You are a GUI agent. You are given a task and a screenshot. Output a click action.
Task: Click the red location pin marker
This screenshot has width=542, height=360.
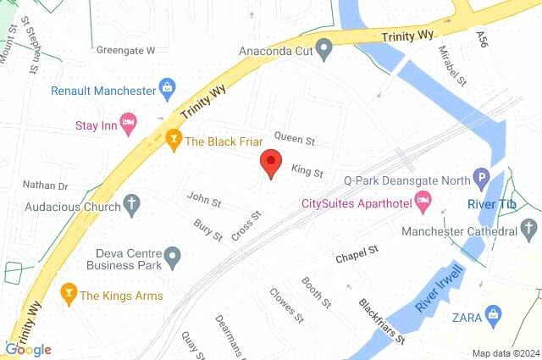click(x=271, y=162)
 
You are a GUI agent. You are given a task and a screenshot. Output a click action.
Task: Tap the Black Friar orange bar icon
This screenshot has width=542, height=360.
click(x=174, y=141)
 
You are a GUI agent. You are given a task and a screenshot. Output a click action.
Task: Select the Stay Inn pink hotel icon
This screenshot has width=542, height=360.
click(x=128, y=125)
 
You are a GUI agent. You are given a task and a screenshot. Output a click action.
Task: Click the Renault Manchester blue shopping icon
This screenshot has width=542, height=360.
click(x=169, y=89)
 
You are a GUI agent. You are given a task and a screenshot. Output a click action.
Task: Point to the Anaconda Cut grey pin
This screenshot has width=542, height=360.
click(x=323, y=49)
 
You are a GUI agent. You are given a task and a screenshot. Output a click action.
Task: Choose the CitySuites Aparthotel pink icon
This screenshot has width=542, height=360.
click(x=424, y=203)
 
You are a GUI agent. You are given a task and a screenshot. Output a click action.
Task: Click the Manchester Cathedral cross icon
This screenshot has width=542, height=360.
click(x=528, y=230)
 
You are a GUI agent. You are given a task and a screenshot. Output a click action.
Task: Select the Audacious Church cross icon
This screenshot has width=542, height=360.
click(x=130, y=204)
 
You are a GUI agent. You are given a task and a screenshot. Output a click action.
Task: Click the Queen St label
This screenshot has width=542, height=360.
click(x=295, y=140)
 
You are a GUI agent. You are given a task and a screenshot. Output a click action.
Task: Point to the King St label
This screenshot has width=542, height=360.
click(x=307, y=172)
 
